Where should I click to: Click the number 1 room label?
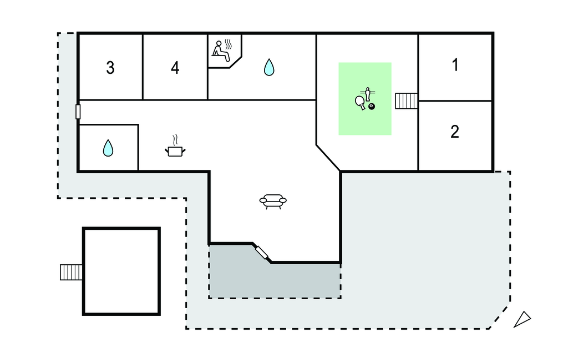(455, 65)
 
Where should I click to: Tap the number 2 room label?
(455, 132)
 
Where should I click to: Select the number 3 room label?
(110, 68)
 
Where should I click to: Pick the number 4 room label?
(175, 68)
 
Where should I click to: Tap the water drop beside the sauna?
(269, 67)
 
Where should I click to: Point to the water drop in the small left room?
(108, 148)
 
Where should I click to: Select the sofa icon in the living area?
(273, 202)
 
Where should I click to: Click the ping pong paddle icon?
(360, 102)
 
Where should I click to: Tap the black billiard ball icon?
(372, 107)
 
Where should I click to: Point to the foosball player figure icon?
(368, 94)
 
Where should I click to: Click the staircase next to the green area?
(406, 101)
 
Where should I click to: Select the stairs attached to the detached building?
(72, 272)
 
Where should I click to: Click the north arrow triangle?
(522, 320)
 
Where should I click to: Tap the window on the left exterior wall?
(78, 112)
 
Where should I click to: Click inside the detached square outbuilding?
(121, 271)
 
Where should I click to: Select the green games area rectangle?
(365, 99)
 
